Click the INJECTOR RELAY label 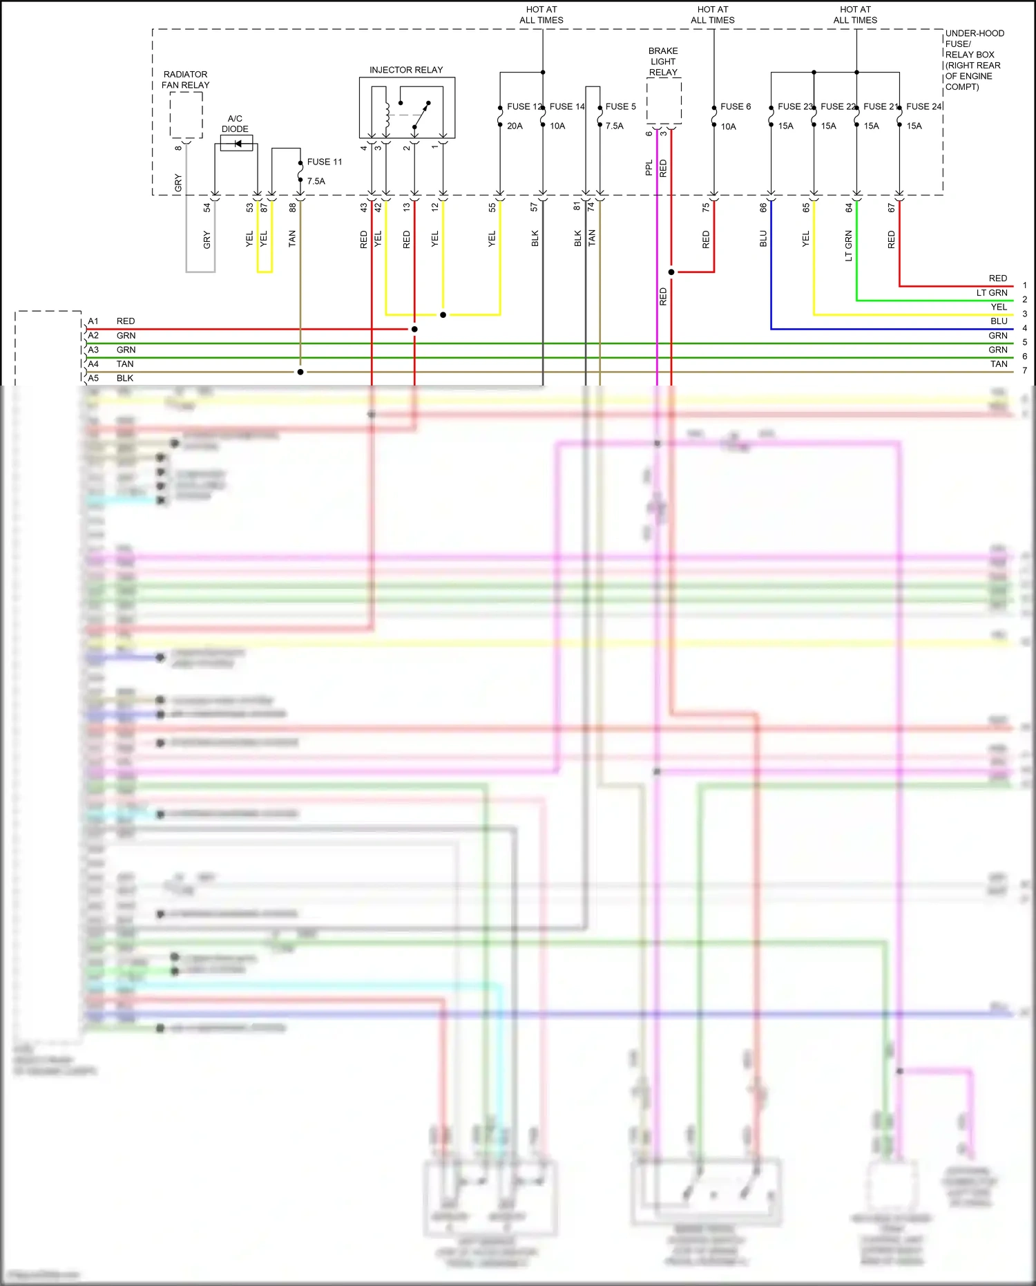pyautogui.click(x=405, y=70)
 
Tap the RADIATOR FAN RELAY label pyautogui.click(x=185, y=79)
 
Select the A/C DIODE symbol pyautogui.click(x=236, y=144)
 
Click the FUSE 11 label pyautogui.click(x=324, y=162)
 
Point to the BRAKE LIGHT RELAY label pyautogui.click(x=663, y=62)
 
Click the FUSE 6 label pyautogui.click(x=735, y=106)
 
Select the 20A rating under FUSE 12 pyautogui.click(x=515, y=126)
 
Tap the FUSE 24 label pyautogui.click(x=923, y=106)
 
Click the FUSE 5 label pyautogui.click(x=620, y=106)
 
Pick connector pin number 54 pyautogui.click(x=207, y=207)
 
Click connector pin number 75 pyautogui.click(x=705, y=207)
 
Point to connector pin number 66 pyautogui.click(x=762, y=207)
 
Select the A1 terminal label pyautogui.click(x=93, y=321)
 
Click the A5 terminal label pyautogui.click(x=93, y=378)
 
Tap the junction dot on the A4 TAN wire pyautogui.click(x=300, y=372)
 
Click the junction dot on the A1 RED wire pyautogui.click(x=414, y=329)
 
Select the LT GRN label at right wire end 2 pyautogui.click(x=991, y=293)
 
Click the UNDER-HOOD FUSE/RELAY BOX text pyautogui.click(x=974, y=59)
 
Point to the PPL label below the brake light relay pyautogui.click(x=649, y=168)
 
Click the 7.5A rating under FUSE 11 pyautogui.click(x=316, y=181)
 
